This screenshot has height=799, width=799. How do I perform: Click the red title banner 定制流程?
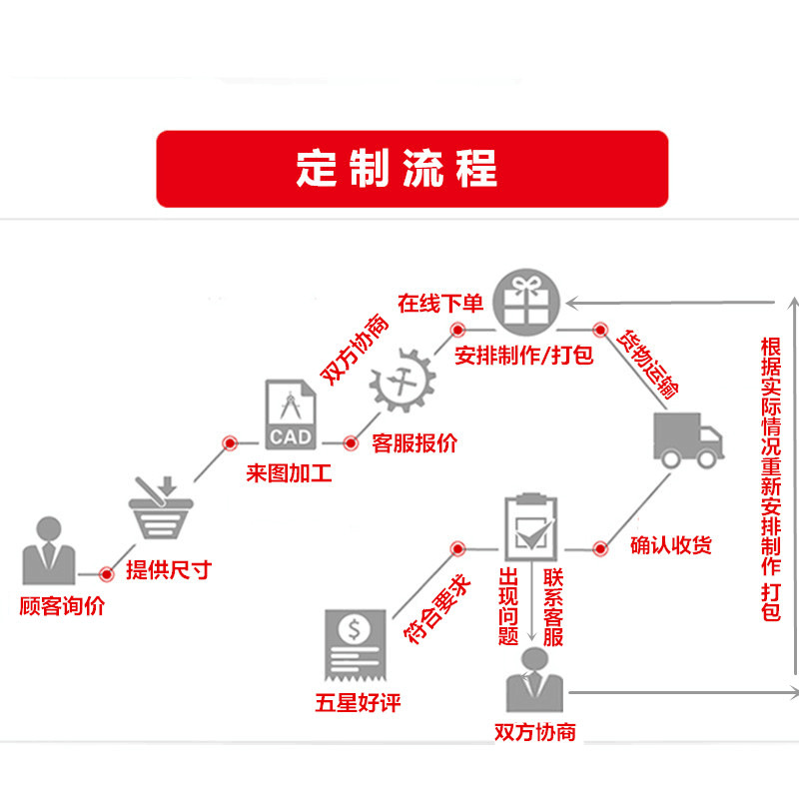tap(411, 169)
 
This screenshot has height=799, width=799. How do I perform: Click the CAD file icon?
tap(291, 414)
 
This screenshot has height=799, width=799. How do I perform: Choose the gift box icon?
tap(528, 301)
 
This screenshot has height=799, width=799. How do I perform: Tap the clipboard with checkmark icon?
tap(529, 527)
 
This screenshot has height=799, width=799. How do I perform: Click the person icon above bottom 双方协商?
tap(534, 681)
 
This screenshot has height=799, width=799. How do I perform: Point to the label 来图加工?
tap(289, 472)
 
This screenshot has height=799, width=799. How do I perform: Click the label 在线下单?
tap(439, 303)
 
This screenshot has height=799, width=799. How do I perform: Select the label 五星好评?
tap(357, 703)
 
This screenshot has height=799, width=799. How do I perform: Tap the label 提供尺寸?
tap(169, 571)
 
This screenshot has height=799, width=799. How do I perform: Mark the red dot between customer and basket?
tap(107, 573)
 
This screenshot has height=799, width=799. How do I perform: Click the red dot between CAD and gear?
tap(351, 441)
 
